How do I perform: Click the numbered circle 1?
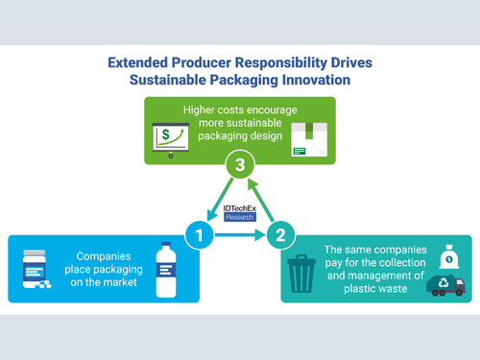199,235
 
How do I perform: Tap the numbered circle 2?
280,235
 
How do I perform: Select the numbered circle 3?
240,164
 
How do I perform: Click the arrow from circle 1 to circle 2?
240,235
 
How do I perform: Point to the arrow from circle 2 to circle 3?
261,200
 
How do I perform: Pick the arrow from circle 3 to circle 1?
220,200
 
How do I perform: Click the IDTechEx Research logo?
240,213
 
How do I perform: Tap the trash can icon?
301,274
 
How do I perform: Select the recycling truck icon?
445,285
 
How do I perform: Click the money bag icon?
449,256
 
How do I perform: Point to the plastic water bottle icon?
166,270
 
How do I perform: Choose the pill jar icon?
36,269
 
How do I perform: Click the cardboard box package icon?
309,139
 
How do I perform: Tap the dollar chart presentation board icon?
171,140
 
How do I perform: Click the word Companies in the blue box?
104,256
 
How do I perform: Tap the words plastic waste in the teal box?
375,289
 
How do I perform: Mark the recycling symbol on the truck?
444,282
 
